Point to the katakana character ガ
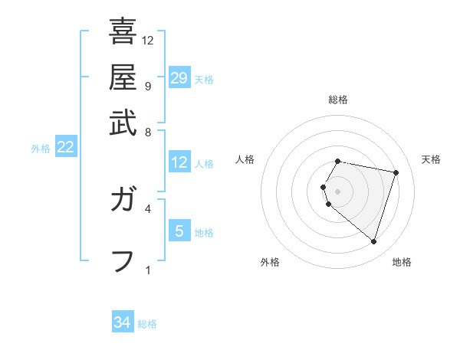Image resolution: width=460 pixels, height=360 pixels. point(123,201)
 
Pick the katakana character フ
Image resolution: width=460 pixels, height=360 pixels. point(123,261)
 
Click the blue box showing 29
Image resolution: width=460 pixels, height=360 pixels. point(179,78)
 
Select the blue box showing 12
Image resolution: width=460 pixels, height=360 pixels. point(179,162)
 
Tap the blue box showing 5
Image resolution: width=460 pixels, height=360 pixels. point(179,231)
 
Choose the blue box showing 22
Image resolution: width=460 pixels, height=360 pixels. point(65,148)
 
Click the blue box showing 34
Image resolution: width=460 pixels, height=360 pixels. point(123,322)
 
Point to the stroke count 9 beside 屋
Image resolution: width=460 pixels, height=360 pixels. point(147,86)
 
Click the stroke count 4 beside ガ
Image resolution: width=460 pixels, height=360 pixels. point(147,208)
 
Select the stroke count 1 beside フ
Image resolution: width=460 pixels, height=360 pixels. point(147,270)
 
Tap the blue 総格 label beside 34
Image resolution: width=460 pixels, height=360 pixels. point(147,324)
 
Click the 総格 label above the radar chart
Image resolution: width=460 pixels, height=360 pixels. point(338,100)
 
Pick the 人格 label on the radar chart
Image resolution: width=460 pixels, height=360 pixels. point(245,159)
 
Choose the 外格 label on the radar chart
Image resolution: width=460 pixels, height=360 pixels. point(270,263)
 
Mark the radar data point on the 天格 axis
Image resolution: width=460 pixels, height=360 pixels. point(396,172)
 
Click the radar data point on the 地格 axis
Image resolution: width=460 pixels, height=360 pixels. point(373,242)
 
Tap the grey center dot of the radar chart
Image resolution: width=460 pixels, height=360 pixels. point(338,191)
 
